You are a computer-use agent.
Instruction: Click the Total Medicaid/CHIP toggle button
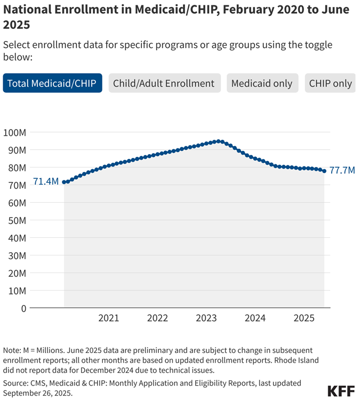[x=52, y=83]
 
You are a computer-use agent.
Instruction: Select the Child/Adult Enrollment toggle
[x=164, y=83]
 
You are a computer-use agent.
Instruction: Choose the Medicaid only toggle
[x=262, y=83]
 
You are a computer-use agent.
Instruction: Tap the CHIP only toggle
[x=331, y=83]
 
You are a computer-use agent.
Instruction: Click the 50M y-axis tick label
[x=16, y=220]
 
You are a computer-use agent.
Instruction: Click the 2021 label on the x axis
[x=109, y=318]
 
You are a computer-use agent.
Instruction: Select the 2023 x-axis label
[x=206, y=318]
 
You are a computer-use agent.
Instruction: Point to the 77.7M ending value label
[x=342, y=171]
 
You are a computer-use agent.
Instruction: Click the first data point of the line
[x=64, y=182]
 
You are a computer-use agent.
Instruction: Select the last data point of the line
[x=324, y=171]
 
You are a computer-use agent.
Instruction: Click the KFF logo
[x=340, y=390]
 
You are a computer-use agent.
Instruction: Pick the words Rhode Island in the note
[x=294, y=360]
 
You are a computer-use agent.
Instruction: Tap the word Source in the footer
[x=17, y=383]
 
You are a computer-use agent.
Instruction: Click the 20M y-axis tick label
[x=16, y=273]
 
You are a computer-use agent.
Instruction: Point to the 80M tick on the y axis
[x=16, y=167]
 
